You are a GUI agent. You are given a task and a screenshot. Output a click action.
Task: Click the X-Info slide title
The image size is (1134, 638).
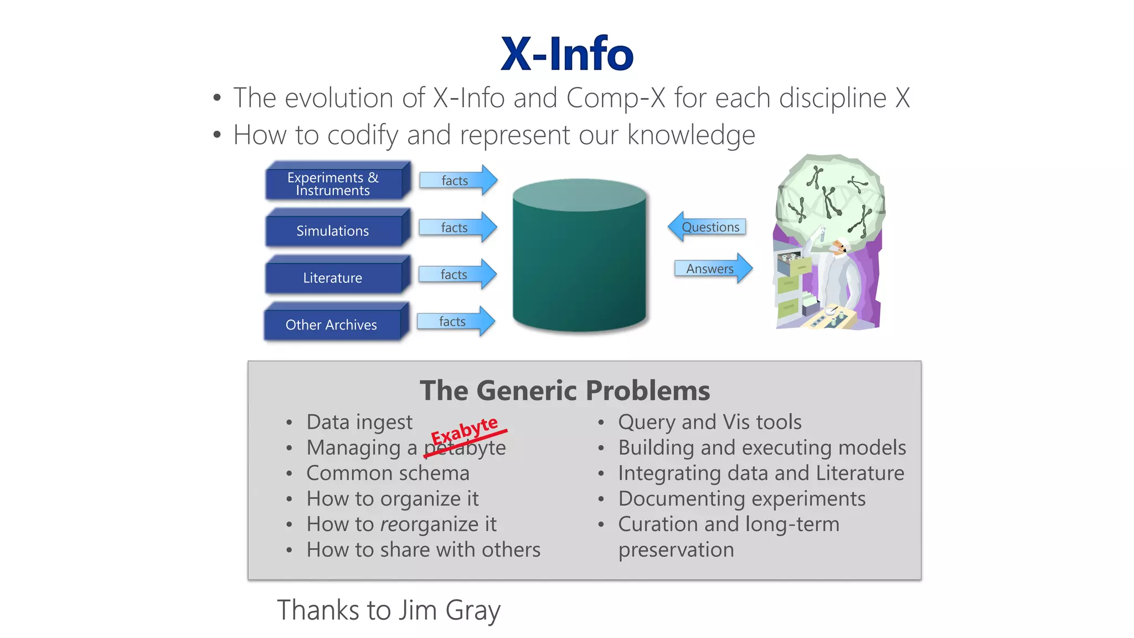click(x=566, y=54)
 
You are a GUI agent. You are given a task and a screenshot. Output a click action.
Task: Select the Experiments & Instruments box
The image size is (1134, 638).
click(x=333, y=184)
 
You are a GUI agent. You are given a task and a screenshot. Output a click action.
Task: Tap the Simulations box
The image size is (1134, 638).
click(x=333, y=231)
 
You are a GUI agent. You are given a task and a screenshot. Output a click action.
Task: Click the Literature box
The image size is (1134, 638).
click(x=333, y=278)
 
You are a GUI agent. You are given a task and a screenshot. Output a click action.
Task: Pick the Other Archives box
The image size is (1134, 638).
click(x=331, y=325)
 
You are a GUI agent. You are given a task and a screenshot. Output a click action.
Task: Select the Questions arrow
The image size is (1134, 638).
click(x=708, y=227)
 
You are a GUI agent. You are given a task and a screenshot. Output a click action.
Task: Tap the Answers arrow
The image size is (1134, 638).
click(x=712, y=269)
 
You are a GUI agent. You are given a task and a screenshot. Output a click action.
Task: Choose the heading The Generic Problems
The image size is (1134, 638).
click(x=564, y=390)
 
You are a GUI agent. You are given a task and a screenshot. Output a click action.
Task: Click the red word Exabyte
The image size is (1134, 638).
click(x=464, y=430)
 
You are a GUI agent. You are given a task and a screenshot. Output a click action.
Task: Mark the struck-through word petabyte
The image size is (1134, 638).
click(x=465, y=449)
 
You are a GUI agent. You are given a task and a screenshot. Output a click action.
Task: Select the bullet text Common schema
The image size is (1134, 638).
click(x=388, y=474)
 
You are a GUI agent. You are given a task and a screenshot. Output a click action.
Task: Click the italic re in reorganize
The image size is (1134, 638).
click(x=389, y=524)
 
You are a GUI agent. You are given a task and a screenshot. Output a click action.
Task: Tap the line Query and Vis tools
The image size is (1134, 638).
click(x=709, y=423)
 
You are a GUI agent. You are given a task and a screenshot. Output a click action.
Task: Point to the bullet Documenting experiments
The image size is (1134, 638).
click(x=741, y=499)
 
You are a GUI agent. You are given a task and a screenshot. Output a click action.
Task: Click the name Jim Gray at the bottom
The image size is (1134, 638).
click(x=450, y=610)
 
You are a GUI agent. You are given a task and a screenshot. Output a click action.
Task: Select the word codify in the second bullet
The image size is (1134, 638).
click(x=363, y=136)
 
